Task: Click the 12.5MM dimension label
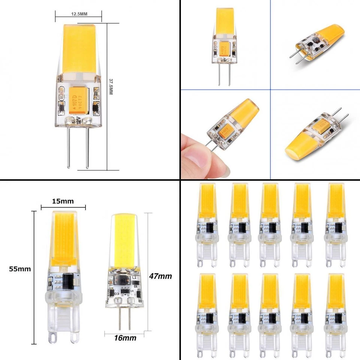click(x=79, y=14)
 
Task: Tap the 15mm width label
click(x=63, y=201)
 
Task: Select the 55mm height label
click(x=20, y=269)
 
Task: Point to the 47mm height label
click(x=161, y=276)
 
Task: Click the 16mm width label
click(x=125, y=338)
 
